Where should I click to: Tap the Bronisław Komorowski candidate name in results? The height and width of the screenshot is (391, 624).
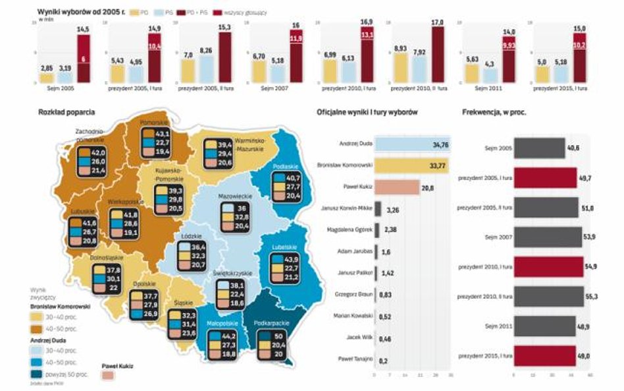tap(346, 165)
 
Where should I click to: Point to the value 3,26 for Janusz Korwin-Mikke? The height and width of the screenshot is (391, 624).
tap(393, 210)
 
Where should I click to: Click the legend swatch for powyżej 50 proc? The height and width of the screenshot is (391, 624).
tap(36, 374)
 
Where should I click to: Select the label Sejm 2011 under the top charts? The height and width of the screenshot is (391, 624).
tap(487, 88)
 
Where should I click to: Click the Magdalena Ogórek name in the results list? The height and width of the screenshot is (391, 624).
tap(350, 229)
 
